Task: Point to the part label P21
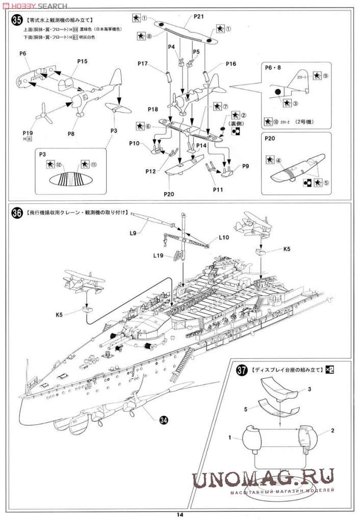(199, 16)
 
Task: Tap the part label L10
(224, 237)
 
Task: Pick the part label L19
(157, 255)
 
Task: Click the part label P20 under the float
(169, 194)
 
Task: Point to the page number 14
(180, 514)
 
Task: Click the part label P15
(82, 61)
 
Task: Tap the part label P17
(143, 64)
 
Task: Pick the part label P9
(246, 166)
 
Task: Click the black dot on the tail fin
(279, 93)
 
